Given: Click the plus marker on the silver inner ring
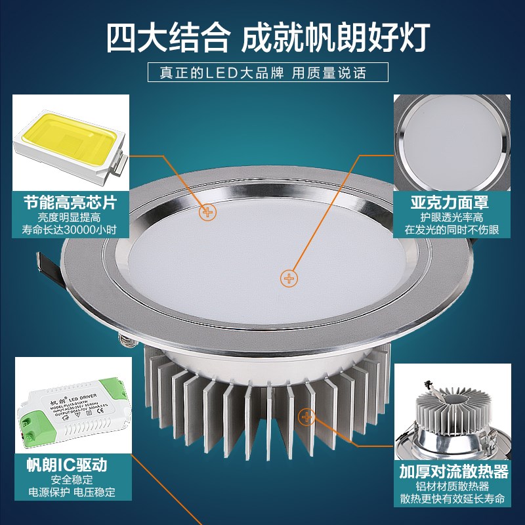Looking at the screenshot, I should [208, 212].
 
